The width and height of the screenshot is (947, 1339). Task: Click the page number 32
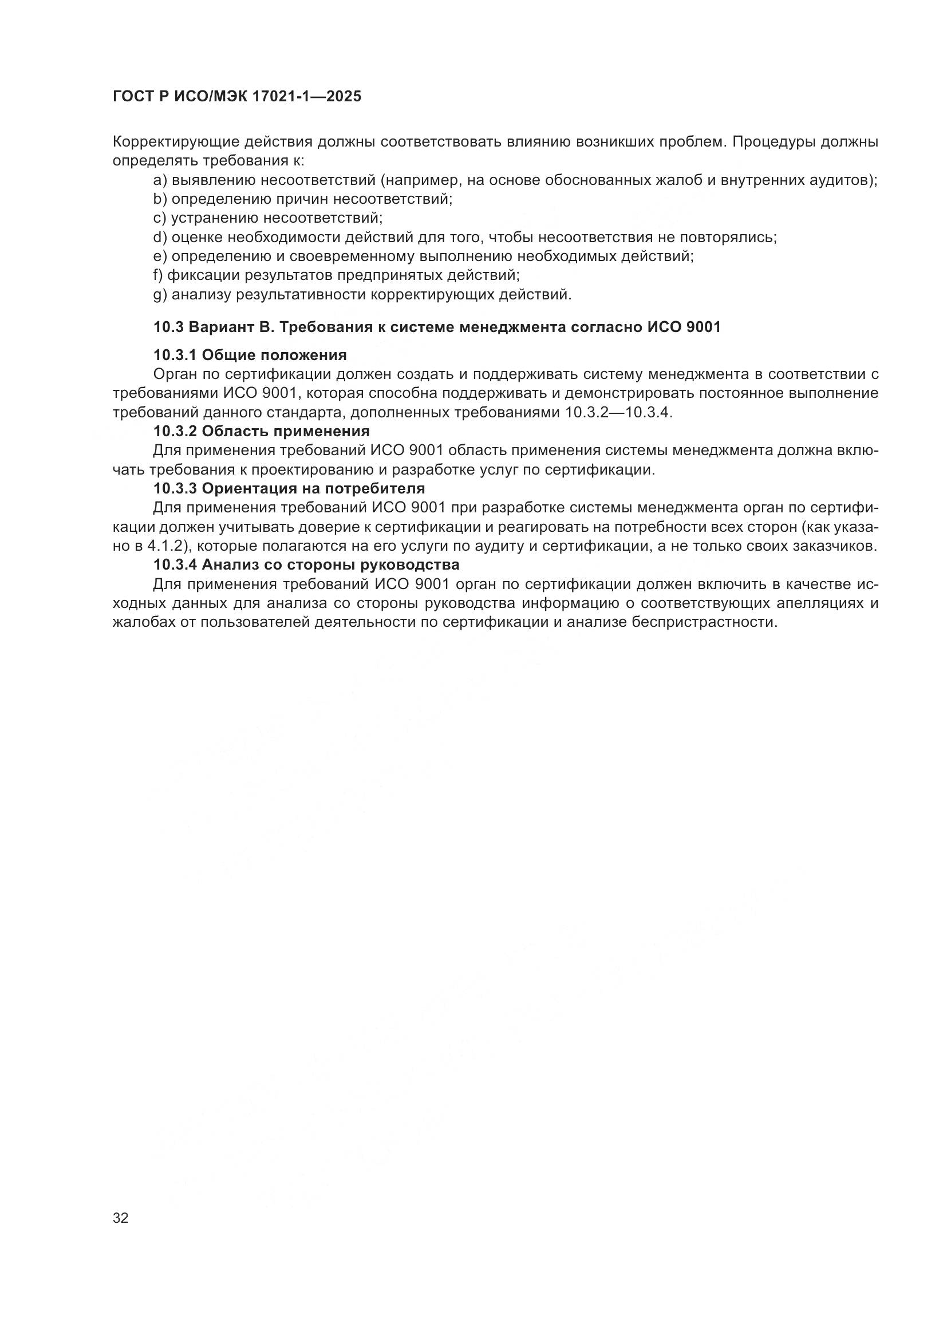coord(120,1218)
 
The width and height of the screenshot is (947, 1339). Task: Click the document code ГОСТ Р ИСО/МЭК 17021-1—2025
coord(237,96)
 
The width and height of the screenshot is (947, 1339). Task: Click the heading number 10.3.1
coord(176,355)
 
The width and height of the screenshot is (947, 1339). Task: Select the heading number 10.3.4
coord(176,564)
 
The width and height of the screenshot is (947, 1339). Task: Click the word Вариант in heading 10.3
coord(219,327)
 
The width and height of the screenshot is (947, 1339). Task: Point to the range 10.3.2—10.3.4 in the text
coord(619,413)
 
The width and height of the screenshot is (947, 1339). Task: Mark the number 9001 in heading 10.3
coord(704,327)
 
